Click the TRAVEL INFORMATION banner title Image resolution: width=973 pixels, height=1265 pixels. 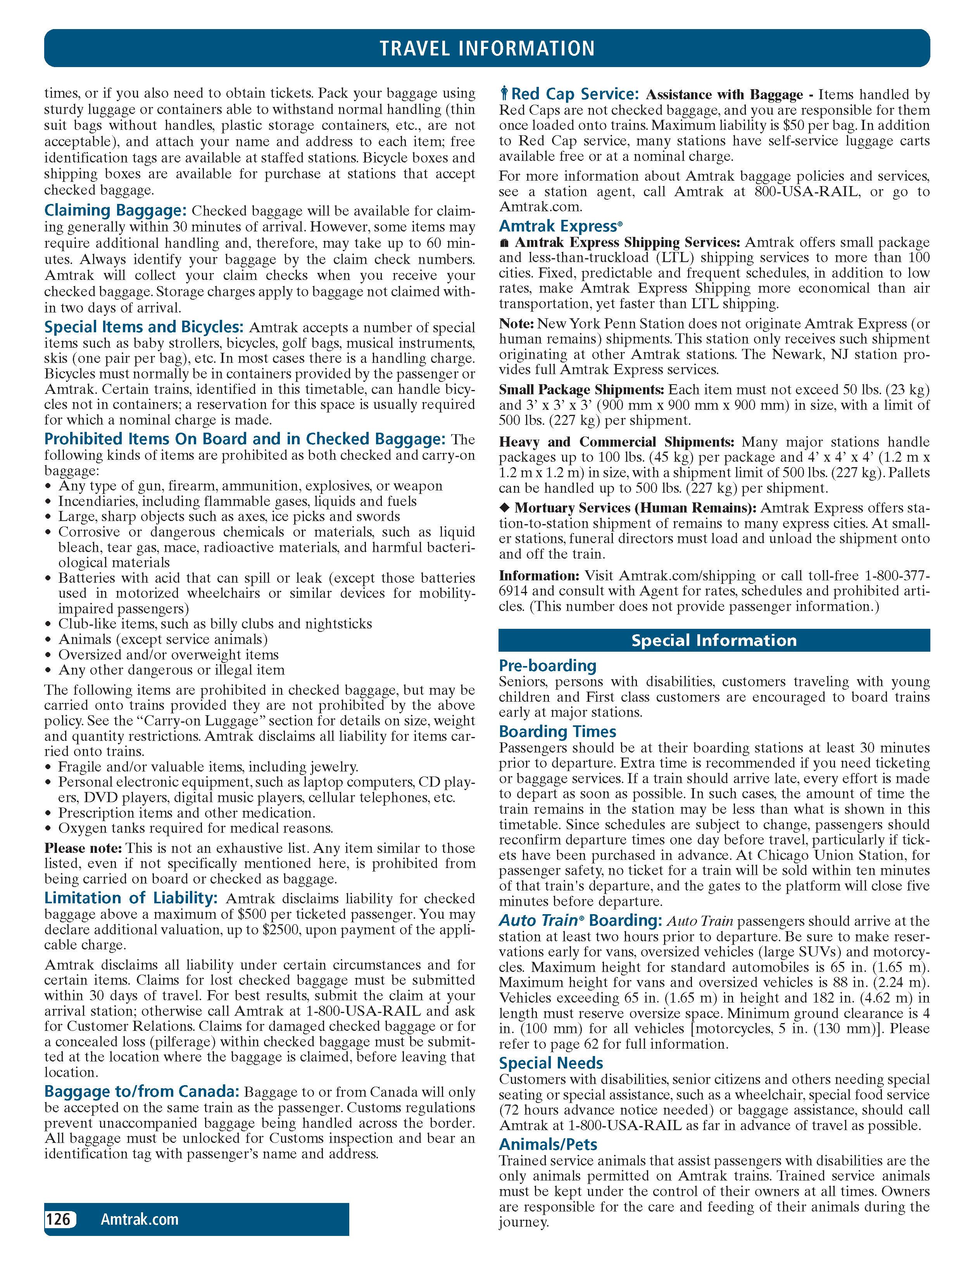click(486, 48)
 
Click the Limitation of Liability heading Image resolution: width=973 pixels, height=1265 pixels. click(131, 898)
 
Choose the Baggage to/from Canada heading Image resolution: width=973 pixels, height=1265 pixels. click(142, 1091)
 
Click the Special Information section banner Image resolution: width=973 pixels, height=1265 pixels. click(714, 640)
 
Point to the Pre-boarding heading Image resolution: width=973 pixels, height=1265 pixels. click(547, 666)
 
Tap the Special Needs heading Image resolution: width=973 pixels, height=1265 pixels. click(551, 1063)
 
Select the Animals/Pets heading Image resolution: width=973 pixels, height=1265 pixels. click(548, 1144)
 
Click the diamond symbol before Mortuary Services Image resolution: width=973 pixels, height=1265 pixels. click(504, 508)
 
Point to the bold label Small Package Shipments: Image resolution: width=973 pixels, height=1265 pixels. click(581, 390)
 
